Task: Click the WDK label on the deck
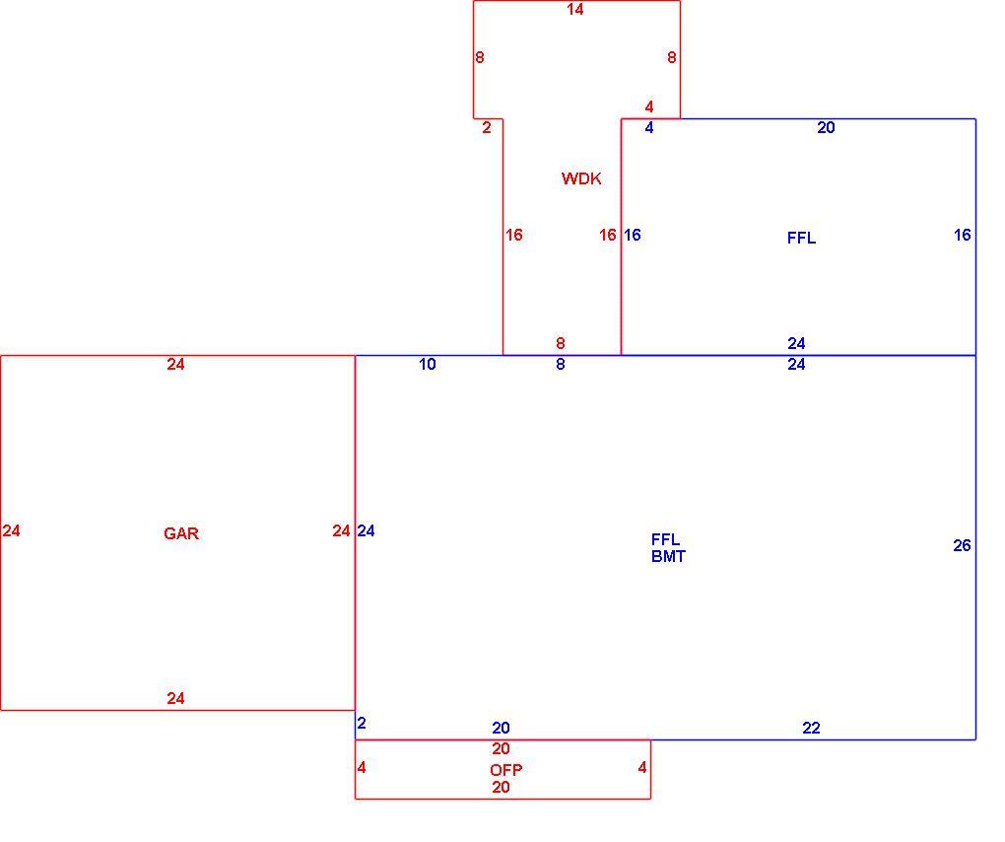581,178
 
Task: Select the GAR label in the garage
181,533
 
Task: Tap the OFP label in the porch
506,770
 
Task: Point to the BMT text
668,557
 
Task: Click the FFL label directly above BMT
665,540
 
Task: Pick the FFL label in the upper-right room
801,239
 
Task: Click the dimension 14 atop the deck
575,10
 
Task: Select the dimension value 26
962,546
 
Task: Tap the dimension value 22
812,728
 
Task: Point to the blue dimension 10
428,364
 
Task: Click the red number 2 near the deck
487,127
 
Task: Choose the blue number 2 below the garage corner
362,724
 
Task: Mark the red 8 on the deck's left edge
480,58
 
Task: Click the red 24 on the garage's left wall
12,531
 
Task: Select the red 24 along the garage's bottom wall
175,698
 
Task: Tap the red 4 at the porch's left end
362,768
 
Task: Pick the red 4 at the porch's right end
642,768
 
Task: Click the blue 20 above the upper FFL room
827,127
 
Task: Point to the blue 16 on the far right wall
962,236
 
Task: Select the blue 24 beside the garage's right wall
366,531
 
